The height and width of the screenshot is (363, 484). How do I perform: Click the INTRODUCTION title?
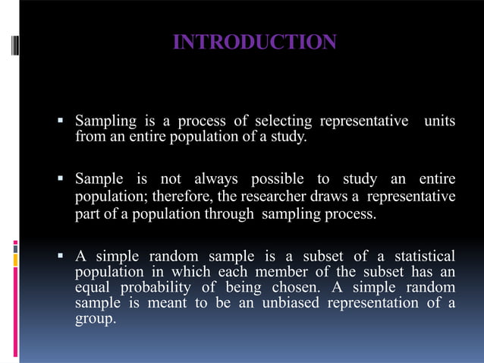255,43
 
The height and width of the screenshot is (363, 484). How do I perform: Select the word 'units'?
440,122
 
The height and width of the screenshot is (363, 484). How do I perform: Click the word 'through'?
229,214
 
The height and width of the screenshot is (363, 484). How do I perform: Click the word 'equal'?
91,288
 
